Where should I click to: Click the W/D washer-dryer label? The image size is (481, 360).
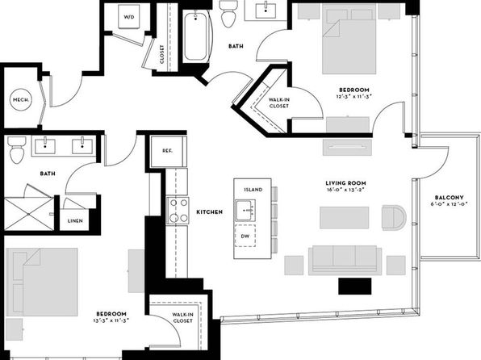tap(129, 17)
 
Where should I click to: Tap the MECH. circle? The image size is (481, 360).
tap(21, 100)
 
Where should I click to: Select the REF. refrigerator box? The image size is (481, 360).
tap(168, 151)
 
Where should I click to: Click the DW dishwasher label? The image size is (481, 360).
tap(245, 236)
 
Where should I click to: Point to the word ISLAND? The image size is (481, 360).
tap(253, 190)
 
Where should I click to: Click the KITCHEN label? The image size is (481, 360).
tap(210, 211)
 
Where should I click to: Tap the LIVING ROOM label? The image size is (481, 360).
tap(345, 183)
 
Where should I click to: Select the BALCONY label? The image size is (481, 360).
tap(449, 197)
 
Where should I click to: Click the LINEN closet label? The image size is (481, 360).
tap(75, 220)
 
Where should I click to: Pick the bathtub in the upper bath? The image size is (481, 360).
tap(196, 36)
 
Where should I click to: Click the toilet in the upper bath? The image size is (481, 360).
tap(230, 14)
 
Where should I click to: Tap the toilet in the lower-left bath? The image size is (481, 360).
tap(17, 149)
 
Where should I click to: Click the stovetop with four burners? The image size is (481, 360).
tap(178, 211)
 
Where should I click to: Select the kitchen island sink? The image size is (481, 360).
tap(245, 210)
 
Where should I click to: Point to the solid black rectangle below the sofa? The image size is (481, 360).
tap(354, 286)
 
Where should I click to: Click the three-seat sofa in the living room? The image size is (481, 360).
tap(345, 260)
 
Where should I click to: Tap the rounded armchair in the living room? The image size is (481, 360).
tap(394, 217)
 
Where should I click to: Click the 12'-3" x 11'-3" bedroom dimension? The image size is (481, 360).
tap(354, 96)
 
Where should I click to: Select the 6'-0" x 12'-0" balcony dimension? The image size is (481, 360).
tap(449, 203)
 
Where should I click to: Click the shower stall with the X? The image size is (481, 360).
tap(29, 214)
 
